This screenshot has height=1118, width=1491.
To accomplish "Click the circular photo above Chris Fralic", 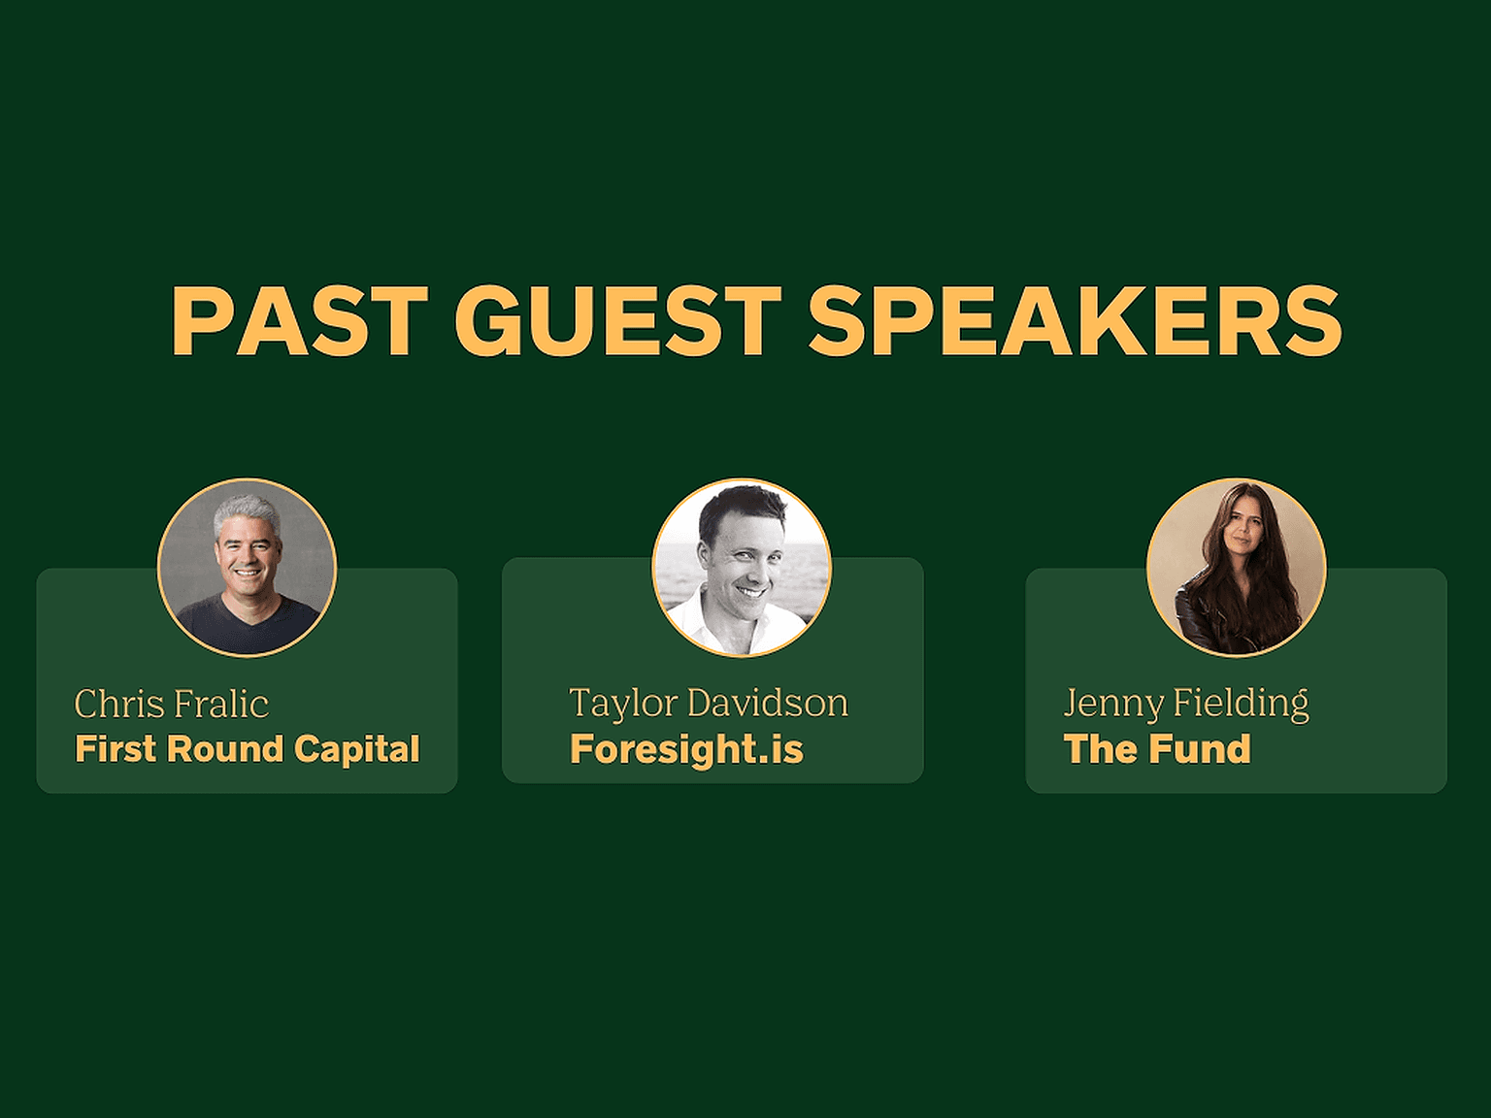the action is [x=248, y=567].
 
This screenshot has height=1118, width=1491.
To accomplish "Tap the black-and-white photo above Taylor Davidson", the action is [x=742, y=567].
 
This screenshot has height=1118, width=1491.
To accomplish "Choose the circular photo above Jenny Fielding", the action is [x=1237, y=567].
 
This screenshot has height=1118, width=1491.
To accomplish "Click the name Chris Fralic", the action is [x=171, y=704].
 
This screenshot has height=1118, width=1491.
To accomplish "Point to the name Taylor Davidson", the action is [x=709, y=704].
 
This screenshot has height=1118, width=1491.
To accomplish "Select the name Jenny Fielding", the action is [x=1186, y=705].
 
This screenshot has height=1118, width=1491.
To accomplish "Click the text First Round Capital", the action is [x=248, y=749].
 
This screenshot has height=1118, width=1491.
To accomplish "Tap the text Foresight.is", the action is [x=686, y=749].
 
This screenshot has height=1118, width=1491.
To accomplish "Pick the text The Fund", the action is [x=1157, y=749].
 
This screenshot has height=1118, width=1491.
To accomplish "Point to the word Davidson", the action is [x=768, y=704].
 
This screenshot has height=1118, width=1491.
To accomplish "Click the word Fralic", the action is [x=221, y=704].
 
